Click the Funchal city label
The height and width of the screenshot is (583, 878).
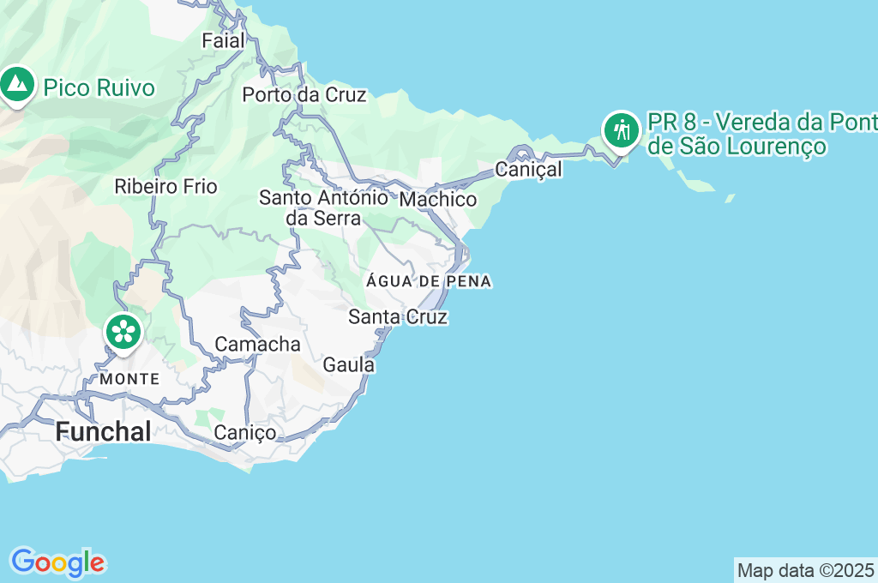click(103, 431)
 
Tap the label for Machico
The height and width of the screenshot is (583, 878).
click(438, 200)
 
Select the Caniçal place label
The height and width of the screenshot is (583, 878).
click(529, 170)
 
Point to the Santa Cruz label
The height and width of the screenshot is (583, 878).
click(398, 317)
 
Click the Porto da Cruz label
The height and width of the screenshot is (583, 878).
click(304, 95)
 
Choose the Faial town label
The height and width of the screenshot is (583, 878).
click(224, 40)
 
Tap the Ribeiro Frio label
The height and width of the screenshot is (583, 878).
click(166, 186)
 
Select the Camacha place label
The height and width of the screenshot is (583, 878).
click(257, 345)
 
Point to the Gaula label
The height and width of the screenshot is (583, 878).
click(349, 365)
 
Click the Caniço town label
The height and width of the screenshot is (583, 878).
click(245, 433)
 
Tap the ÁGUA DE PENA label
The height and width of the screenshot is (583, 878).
click(429, 282)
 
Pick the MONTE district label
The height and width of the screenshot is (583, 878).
click(129, 378)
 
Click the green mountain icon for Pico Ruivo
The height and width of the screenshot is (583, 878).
click(16, 84)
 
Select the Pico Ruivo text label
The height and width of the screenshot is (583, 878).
click(99, 88)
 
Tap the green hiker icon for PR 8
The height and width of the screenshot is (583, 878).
click(620, 130)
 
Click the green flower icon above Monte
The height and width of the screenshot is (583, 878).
click(123, 330)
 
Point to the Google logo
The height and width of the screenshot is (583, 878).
click(57, 563)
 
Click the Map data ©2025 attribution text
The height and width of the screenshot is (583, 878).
click(805, 570)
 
